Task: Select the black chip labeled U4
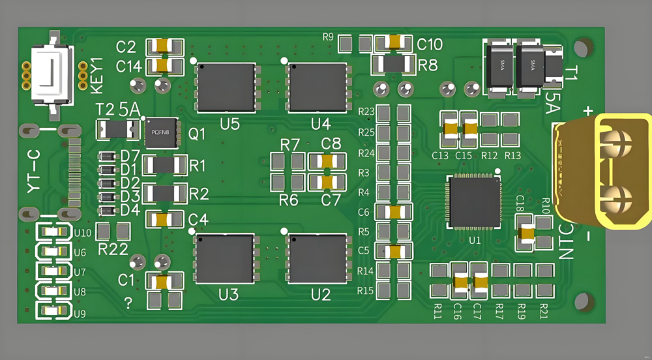tap(318, 87)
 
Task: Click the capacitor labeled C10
tap(394, 42)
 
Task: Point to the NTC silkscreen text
tap(566, 242)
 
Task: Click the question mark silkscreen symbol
tap(128, 303)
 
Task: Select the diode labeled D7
tap(108, 157)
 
